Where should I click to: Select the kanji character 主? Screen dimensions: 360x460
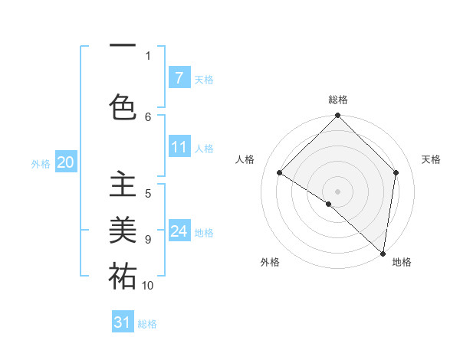coord(123,186)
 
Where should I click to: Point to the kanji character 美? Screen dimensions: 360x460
coord(123,230)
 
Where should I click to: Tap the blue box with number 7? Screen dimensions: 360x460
coord(179,77)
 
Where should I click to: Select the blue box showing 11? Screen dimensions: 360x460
coord(179,146)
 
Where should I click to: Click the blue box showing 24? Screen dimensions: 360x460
coord(179,231)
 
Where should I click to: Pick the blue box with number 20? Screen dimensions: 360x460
coord(65,162)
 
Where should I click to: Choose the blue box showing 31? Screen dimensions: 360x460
coord(123,322)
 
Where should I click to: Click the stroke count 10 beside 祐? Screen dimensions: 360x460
coord(148,286)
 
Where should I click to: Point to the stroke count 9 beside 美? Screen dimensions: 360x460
coord(148,240)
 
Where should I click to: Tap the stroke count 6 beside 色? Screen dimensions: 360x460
coord(148,117)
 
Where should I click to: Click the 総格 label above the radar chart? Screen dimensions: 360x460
coord(337,100)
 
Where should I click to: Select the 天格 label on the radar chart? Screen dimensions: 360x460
coord(431,159)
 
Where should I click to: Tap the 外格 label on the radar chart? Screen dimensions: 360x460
coord(270,263)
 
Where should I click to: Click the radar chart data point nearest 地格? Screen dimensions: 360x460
coord(383,253)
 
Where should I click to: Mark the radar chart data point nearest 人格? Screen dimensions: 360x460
coord(280,172)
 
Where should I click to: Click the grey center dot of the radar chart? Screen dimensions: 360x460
coord(337,191)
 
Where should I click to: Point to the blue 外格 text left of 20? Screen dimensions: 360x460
coord(41,163)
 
